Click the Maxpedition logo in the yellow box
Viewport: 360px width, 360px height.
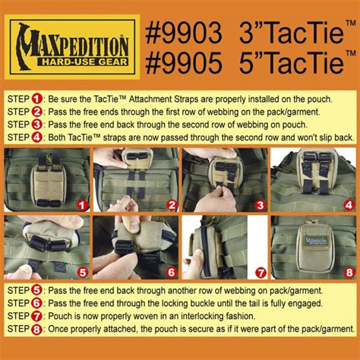click(x=72, y=47)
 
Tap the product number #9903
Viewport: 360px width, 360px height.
click(x=184, y=33)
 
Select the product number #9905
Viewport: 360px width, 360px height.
click(x=184, y=62)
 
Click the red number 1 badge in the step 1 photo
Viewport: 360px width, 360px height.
click(x=82, y=205)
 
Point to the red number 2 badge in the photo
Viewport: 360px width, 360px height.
click(x=172, y=205)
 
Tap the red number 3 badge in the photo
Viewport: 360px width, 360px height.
click(x=261, y=205)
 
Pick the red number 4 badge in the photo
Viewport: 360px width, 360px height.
click(x=349, y=205)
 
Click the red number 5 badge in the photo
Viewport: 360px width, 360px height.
click(x=83, y=273)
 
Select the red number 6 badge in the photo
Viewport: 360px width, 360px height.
click(x=172, y=273)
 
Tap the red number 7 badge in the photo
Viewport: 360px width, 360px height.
click(x=261, y=273)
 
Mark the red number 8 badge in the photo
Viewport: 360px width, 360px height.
click(x=349, y=273)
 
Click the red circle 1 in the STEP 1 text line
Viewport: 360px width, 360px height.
click(x=36, y=99)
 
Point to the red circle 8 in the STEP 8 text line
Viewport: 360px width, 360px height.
click(x=36, y=330)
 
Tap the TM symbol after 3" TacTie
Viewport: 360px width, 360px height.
click(x=351, y=24)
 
